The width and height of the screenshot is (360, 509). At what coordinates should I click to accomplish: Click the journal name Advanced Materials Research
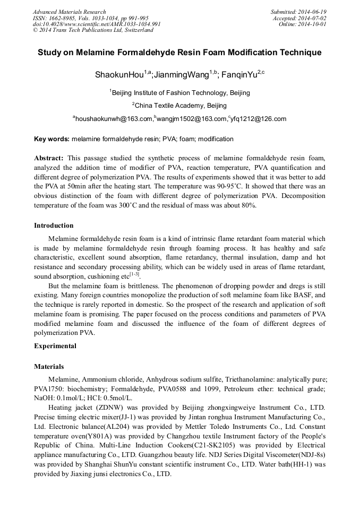[x=69, y=12]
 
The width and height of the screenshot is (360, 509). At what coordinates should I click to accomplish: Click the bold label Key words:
[x=52, y=139]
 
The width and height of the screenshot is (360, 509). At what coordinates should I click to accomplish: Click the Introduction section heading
[x=54, y=226]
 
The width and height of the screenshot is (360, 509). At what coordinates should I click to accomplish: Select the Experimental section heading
[x=55, y=346]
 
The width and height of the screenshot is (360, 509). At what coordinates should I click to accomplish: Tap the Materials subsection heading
[x=49, y=367]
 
